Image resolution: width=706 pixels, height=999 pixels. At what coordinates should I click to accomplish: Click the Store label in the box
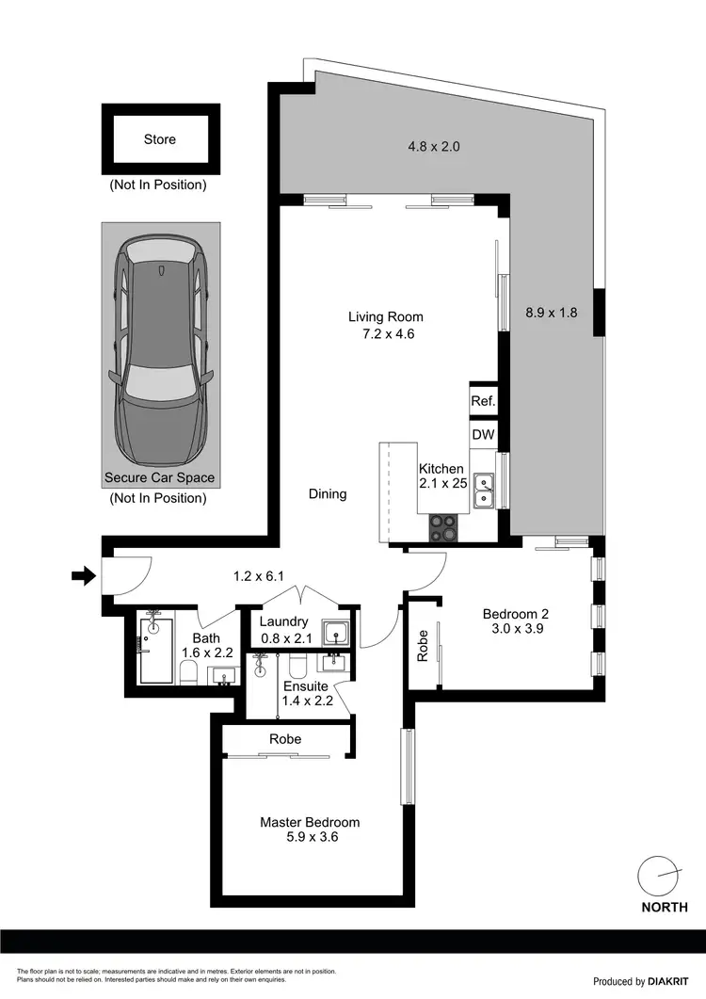(x=160, y=139)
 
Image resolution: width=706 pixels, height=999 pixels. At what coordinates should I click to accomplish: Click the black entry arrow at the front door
(x=83, y=575)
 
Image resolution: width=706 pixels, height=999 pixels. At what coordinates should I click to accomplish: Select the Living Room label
(x=385, y=316)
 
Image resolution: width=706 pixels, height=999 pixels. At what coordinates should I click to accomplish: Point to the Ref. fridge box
(x=483, y=401)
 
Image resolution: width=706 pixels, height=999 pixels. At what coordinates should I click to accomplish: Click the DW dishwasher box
(x=483, y=435)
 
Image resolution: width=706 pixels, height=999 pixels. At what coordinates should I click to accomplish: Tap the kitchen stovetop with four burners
(x=443, y=527)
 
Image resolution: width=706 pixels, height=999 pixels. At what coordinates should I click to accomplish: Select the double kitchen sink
(x=485, y=491)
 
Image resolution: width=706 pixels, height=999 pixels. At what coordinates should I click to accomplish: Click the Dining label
(x=327, y=493)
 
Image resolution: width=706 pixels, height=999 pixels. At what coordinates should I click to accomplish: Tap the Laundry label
(x=283, y=621)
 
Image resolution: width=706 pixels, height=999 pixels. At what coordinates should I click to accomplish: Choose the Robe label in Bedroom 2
(x=423, y=645)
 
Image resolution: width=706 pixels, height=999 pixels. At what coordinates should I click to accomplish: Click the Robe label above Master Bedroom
(x=285, y=739)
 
